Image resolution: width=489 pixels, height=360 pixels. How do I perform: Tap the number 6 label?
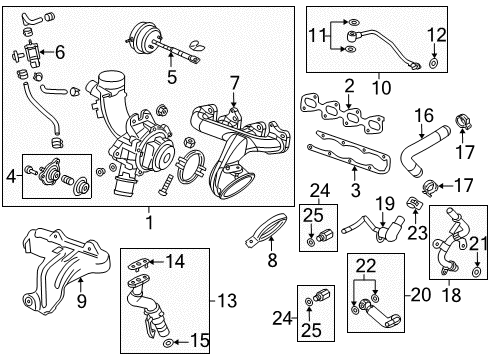(59, 52)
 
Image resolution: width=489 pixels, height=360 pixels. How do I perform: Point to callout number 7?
(233, 81)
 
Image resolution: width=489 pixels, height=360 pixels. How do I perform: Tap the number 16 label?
(423, 116)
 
